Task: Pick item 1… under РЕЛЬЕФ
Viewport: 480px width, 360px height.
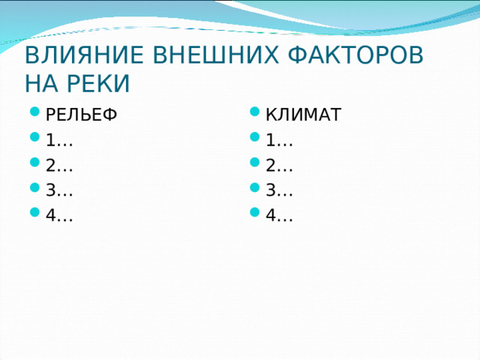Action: point(58,140)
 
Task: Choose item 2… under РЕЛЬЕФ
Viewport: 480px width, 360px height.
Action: point(58,166)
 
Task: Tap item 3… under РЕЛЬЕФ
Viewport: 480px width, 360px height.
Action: point(58,190)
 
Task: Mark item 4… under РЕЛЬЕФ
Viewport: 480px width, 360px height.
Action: point(58,216)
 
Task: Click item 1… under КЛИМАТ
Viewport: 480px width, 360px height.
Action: point(278,140)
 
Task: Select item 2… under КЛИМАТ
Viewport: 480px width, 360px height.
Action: point(278,166)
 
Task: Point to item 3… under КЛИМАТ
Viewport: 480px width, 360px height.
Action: point(278,190)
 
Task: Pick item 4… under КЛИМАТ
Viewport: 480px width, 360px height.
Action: point(278,216)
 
